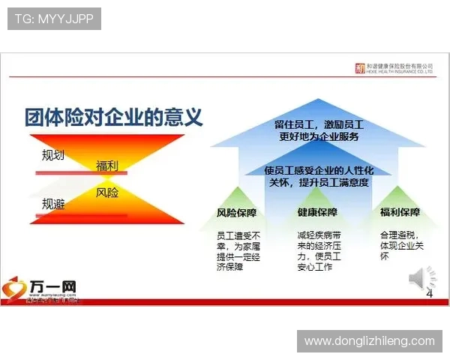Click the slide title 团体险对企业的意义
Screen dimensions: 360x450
[113, 118]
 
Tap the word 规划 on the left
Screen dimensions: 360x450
[53, 156]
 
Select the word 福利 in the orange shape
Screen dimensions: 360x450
[107, 166]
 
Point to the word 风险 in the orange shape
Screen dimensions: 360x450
[107, 193]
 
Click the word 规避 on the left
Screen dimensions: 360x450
[53, 203]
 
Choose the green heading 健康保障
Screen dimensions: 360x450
[317, 213]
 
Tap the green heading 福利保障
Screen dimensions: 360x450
[400, 213]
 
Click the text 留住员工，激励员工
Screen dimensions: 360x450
[319, 124]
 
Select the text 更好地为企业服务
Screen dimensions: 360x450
[319, 136]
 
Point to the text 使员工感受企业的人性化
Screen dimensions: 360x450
[319, 170]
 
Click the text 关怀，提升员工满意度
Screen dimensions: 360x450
[319, 182]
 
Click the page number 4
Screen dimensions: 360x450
[430, 294]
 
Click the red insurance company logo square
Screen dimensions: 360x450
[360, 67]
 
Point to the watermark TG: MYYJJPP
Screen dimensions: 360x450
[54, 19]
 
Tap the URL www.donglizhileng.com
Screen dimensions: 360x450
[369, 341]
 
